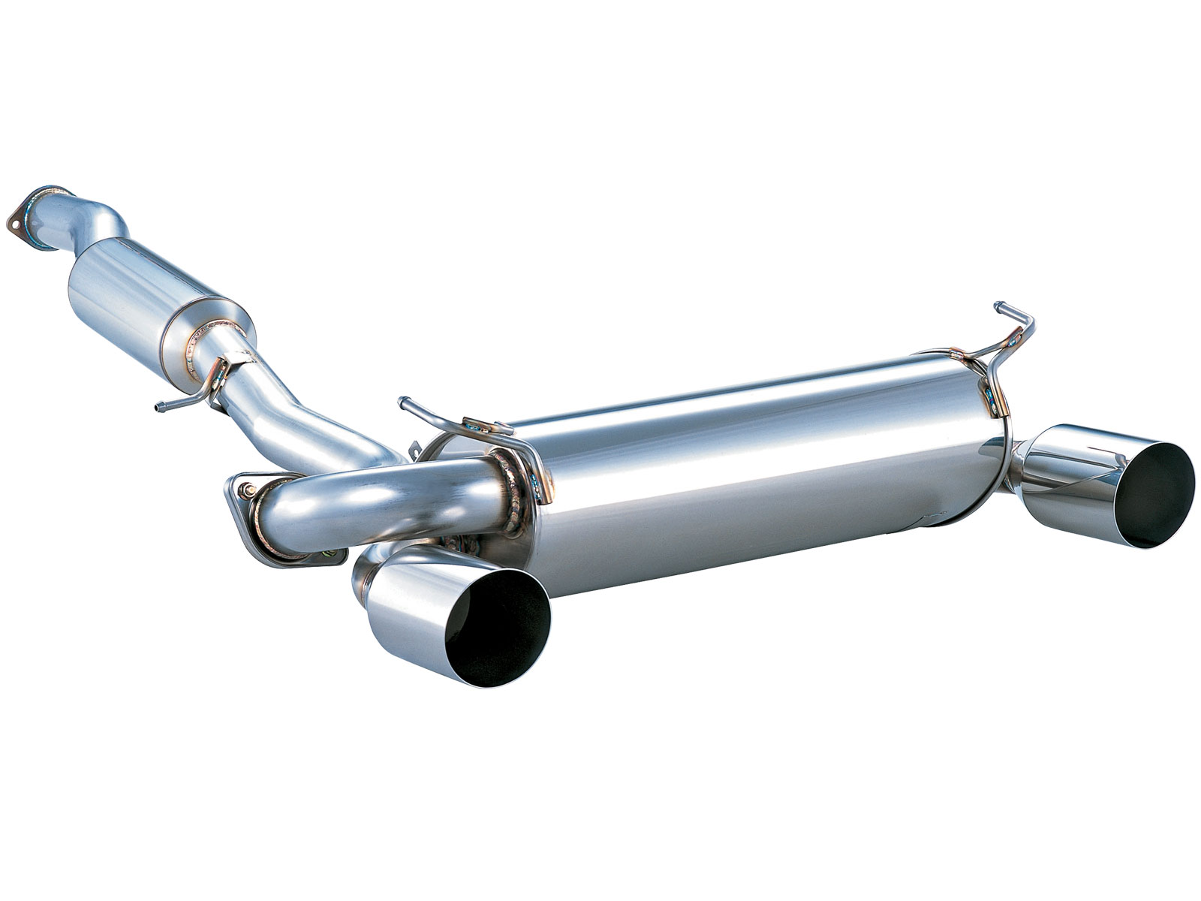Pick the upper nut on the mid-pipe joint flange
point(247,490)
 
